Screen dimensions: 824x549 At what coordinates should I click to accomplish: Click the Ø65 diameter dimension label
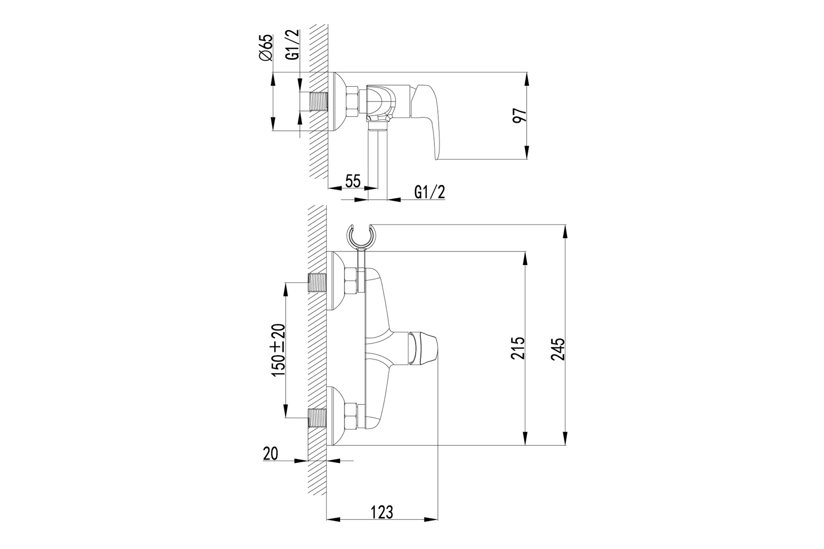click(265, 47)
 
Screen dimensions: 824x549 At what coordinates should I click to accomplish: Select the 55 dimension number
click(353, 181)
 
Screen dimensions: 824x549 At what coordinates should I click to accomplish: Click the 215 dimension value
click(517, 348)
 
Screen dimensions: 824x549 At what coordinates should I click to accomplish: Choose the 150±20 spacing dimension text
click(279, 350)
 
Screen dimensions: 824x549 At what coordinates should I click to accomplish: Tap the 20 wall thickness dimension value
click(270, 453)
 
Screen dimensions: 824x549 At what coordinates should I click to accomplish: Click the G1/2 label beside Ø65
click(293, 44)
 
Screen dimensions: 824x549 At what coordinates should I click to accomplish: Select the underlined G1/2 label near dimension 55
click(430, 192)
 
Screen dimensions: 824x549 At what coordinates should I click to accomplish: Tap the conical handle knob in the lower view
click(424, 349)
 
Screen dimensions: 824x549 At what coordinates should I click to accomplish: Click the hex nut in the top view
click(353, 102)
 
